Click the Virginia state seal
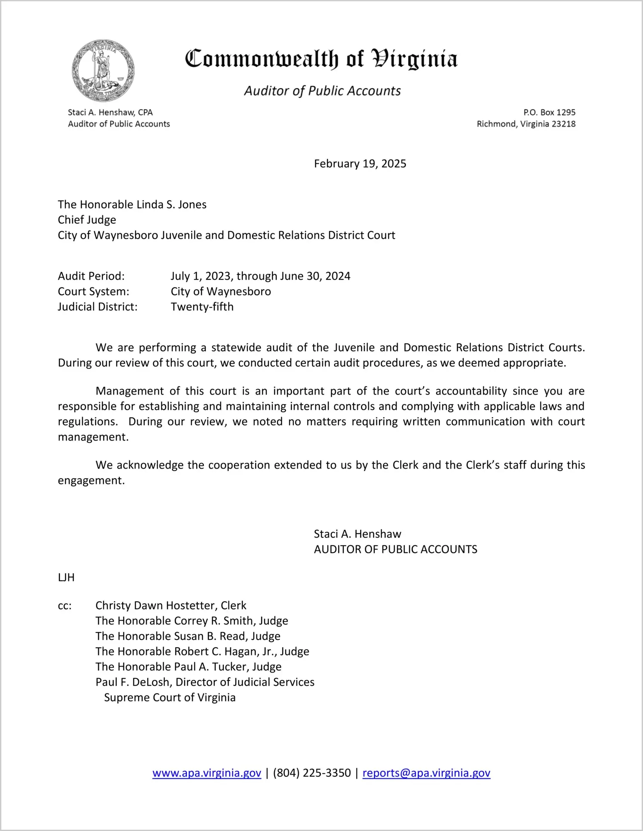(103, 71)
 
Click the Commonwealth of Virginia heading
(321, 59)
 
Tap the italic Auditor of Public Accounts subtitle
(322, 91)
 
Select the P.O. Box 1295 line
(549, 112)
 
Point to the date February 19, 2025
(360, 164)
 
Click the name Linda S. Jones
(172, 204)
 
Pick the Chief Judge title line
(87, 220)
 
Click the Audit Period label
(91, 276)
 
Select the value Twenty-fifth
(202, 307)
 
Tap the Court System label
(93, 291)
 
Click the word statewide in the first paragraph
(236, 347)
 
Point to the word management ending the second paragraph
(93, 437)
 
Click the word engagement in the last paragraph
(91, 481)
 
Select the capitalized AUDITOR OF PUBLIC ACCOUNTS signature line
(395, 550)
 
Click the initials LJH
(66, 578)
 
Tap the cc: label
(65, 606)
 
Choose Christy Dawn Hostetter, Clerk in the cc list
(171, 605)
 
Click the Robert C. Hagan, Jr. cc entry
(202, 652)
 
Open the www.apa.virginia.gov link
(207, 773)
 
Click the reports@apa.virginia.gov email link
(426, 773)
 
